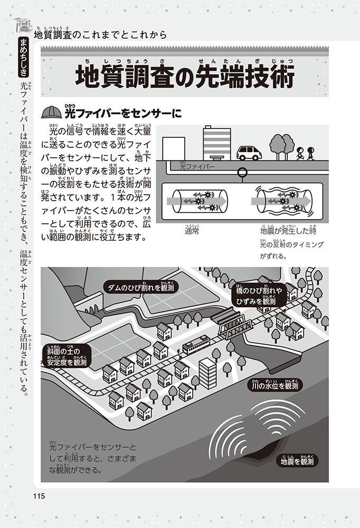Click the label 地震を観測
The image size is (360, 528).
(298, 461)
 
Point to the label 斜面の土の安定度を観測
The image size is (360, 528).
(67, 357)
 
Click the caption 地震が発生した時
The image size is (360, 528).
(287, 231)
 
